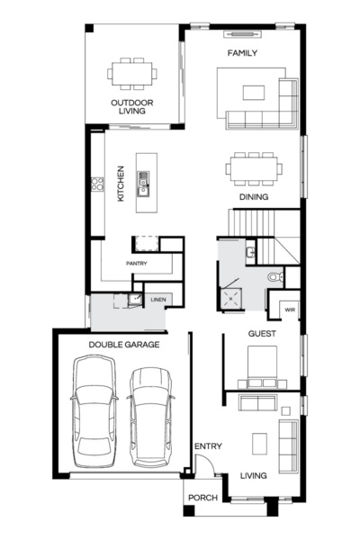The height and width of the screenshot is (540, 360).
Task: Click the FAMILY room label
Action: tap(242, 53)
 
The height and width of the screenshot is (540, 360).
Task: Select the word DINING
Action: tap(254, 196)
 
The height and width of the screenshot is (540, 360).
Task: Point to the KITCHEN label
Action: tap(121, 183)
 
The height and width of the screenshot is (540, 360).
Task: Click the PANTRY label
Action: tap(137, 263)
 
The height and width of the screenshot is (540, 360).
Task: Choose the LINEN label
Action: tap(158, 299)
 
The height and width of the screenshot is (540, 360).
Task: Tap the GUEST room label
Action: tap(261, 334)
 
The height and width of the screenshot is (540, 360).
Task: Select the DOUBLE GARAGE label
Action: tap(124, 345)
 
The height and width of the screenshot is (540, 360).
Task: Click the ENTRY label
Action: tap(207, 446)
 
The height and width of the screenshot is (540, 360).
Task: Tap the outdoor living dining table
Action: tap(132, 72)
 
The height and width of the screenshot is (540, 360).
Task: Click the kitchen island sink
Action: tap(142, 186)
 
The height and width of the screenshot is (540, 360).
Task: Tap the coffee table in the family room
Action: tap(254, 91)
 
